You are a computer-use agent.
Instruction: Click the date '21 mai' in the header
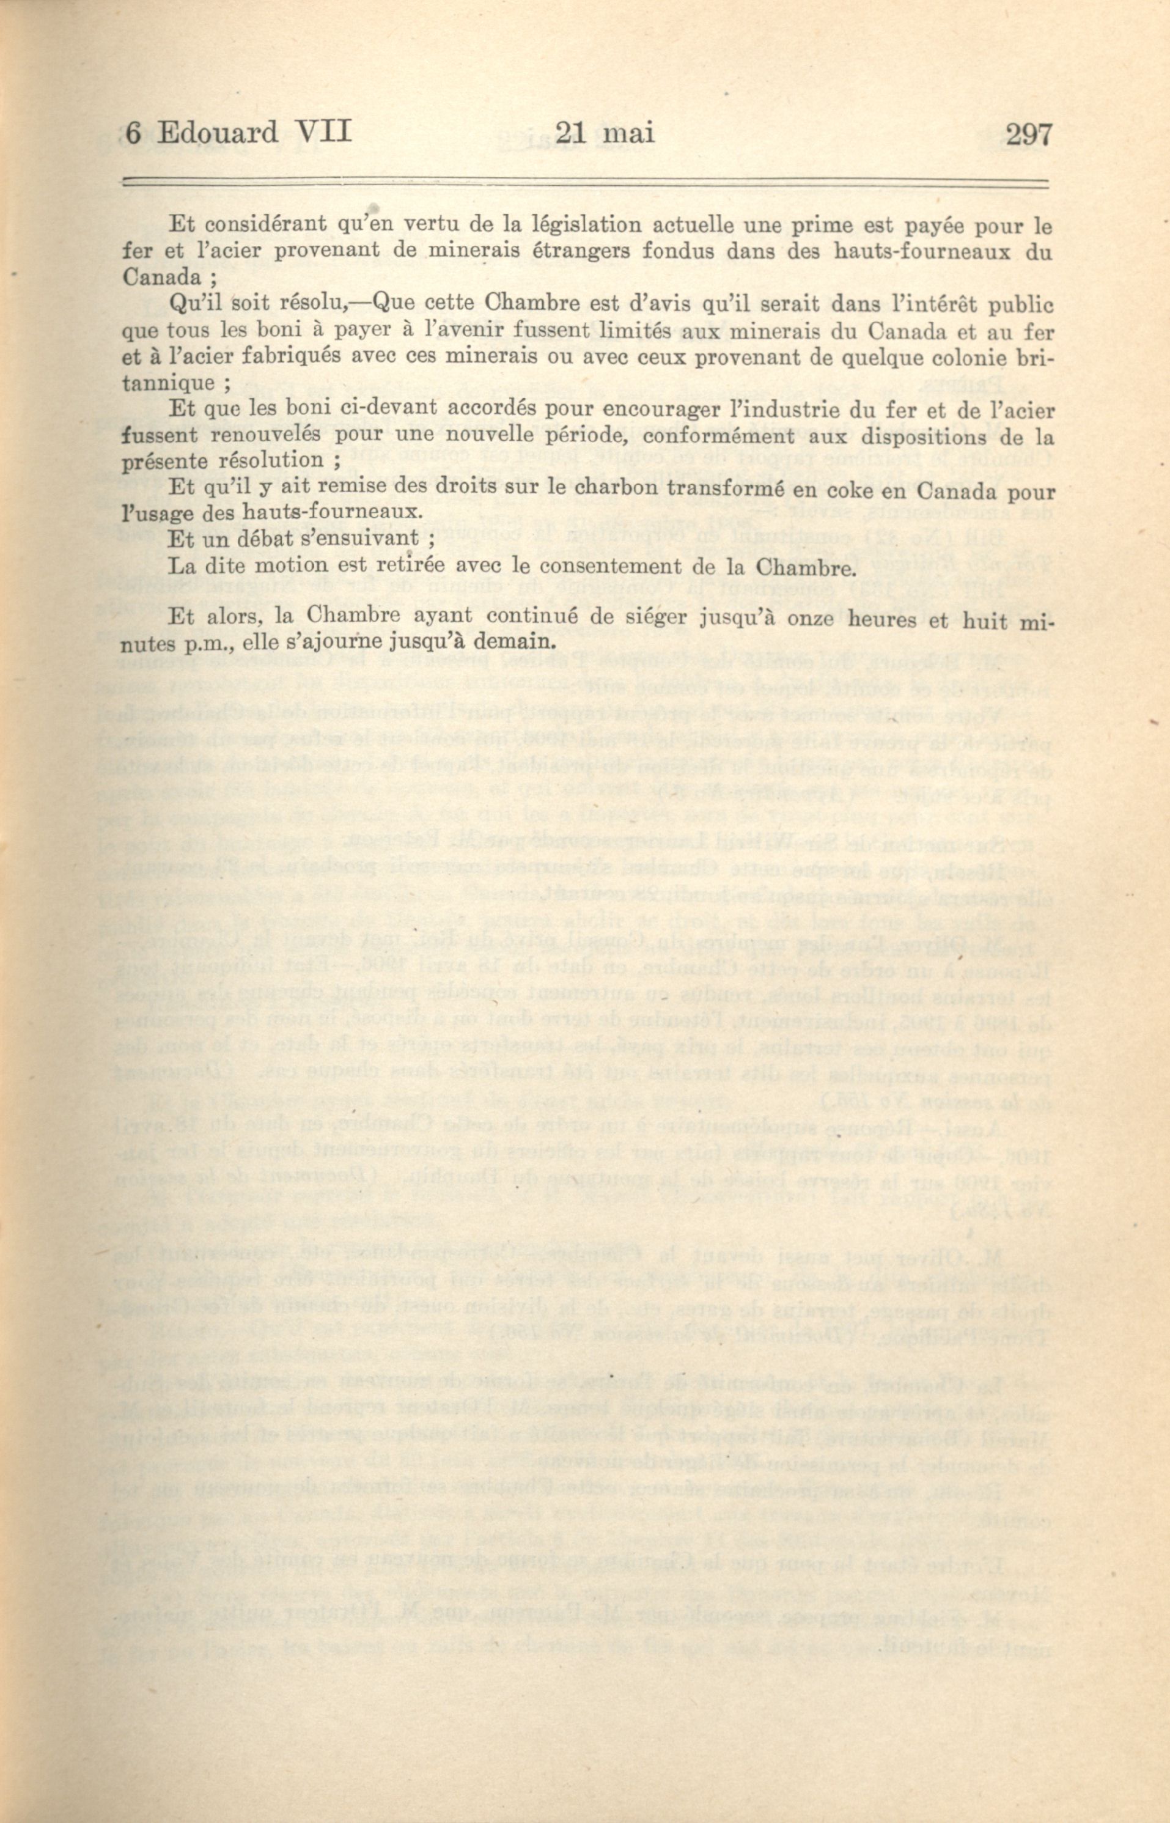[605, 134]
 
